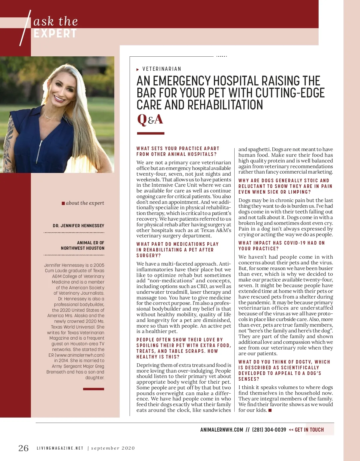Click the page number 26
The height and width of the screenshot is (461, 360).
(23, 448)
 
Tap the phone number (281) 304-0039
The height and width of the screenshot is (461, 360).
(269, 430)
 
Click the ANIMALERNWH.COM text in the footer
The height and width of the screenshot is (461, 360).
(221, 430)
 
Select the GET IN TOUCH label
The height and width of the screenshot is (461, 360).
(309, 430)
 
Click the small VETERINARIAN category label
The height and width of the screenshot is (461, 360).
(162, 69)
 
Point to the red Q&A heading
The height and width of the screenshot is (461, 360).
(150, 119)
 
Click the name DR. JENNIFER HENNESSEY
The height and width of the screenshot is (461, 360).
(78, 225)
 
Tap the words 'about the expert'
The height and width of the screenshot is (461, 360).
(85, 203)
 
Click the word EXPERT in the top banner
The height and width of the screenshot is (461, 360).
(55, 34)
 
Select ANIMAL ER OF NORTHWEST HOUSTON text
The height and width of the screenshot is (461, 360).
(82, 245)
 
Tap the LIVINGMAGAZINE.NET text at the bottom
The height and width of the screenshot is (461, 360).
(60, 448)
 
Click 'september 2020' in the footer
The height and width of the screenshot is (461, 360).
(113, 448)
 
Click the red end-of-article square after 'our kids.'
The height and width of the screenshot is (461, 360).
(270, 410)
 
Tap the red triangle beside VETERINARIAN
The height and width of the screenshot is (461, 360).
(138, 70)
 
